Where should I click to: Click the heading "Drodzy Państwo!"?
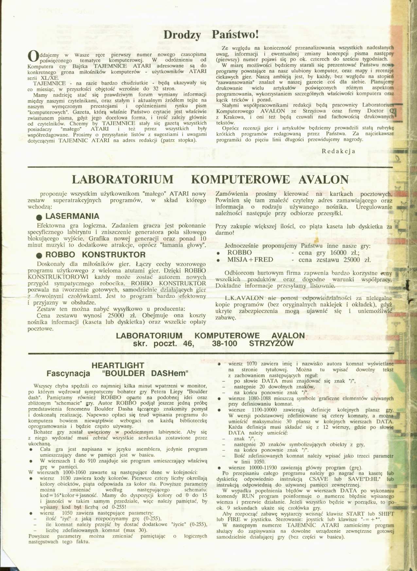tap(211, 35)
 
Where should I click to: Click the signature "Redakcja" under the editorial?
tap(339, 151)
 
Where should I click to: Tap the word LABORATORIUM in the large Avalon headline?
tap(123, 180)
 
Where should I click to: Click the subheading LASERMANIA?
tap(72, 216)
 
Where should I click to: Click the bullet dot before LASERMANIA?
tap(39, 217)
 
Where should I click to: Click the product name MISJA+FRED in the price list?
tap(250, 260)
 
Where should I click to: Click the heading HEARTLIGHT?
tap(118, 365)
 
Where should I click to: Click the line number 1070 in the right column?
tap(252, 364)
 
